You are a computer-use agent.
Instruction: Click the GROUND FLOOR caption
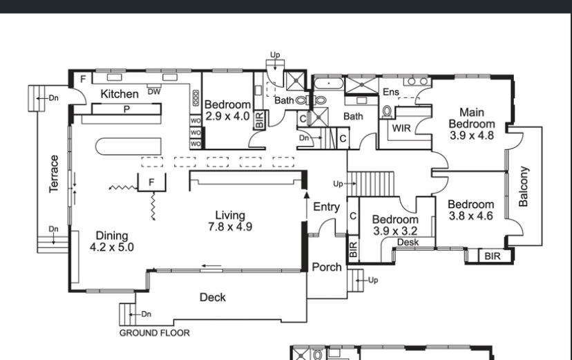click(154, 333)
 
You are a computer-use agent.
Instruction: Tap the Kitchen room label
click(120, 94)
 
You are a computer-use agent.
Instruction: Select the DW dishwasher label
click(154, 92)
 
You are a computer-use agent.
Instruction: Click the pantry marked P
click(126, 109)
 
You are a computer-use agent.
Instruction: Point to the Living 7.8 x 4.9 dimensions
click(230, 227)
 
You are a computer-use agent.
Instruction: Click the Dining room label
click(112, 236)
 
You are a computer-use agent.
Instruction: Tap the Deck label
click(213, 297)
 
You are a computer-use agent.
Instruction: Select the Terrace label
click(54, 174)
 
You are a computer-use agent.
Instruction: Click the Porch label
click(327, 267)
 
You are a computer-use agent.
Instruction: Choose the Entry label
click(327, 207)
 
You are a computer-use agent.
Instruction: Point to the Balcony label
click(523, 187)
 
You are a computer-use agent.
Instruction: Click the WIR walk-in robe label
click(401, 129)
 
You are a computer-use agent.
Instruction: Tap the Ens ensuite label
click(391, 92)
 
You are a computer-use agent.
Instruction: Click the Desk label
click(408, 243)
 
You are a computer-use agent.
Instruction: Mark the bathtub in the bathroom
click(328, 84)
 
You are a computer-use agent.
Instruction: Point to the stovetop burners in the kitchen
click(196, 99)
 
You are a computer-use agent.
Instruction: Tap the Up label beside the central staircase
click(338, 184)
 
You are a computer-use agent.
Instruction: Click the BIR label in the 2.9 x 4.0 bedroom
click(259, 120)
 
